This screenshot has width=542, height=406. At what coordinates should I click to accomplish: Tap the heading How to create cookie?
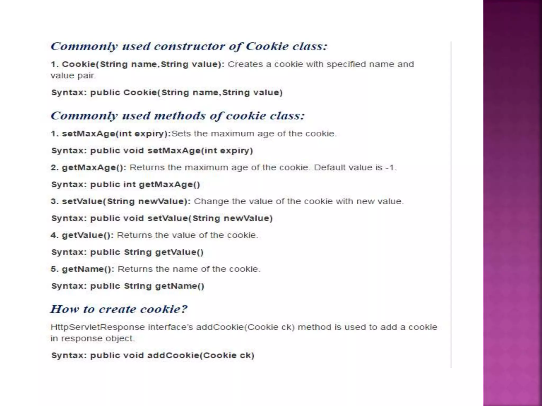119,309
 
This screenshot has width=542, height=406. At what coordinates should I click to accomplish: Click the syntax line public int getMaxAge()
145,184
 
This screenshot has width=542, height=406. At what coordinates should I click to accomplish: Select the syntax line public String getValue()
147,252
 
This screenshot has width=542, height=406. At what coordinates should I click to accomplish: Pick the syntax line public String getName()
147,286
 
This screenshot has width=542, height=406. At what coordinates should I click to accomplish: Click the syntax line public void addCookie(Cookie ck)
172,356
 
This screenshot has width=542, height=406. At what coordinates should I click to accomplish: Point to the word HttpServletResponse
98,327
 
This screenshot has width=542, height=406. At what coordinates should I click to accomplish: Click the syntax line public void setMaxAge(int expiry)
171,151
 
